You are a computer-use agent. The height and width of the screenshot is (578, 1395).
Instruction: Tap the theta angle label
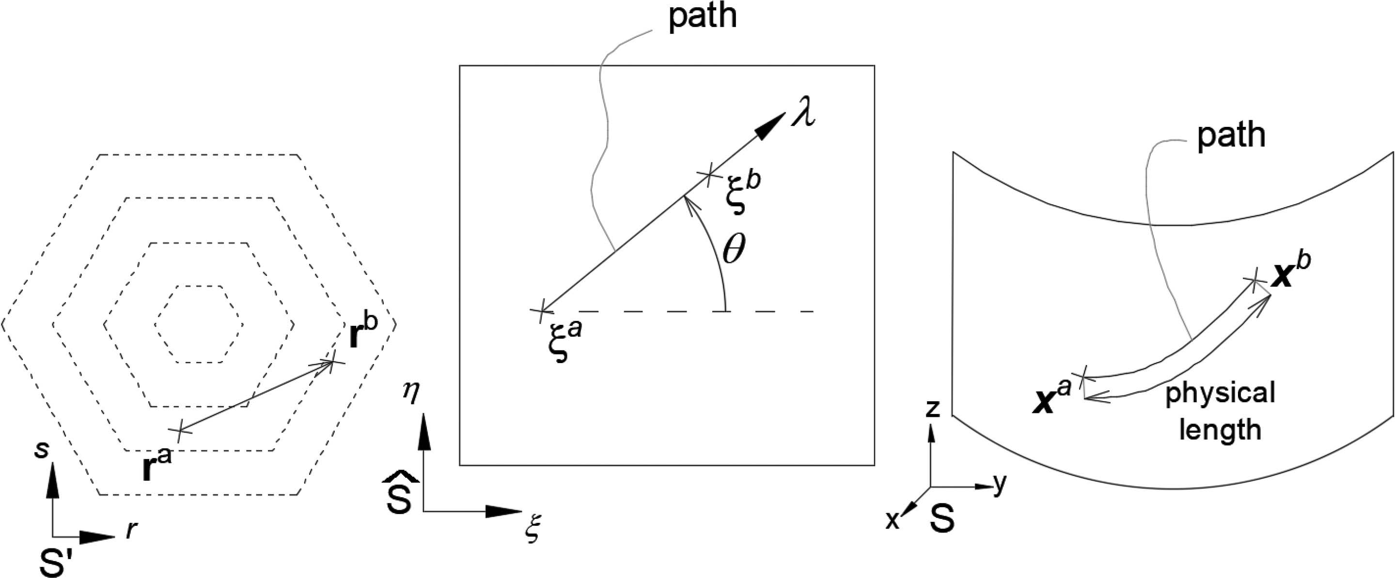(x=734, y=251)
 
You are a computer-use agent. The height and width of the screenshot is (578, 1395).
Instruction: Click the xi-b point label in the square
(x=742, y=193)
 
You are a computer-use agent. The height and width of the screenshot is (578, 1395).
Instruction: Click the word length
(x=1220, y=430)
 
